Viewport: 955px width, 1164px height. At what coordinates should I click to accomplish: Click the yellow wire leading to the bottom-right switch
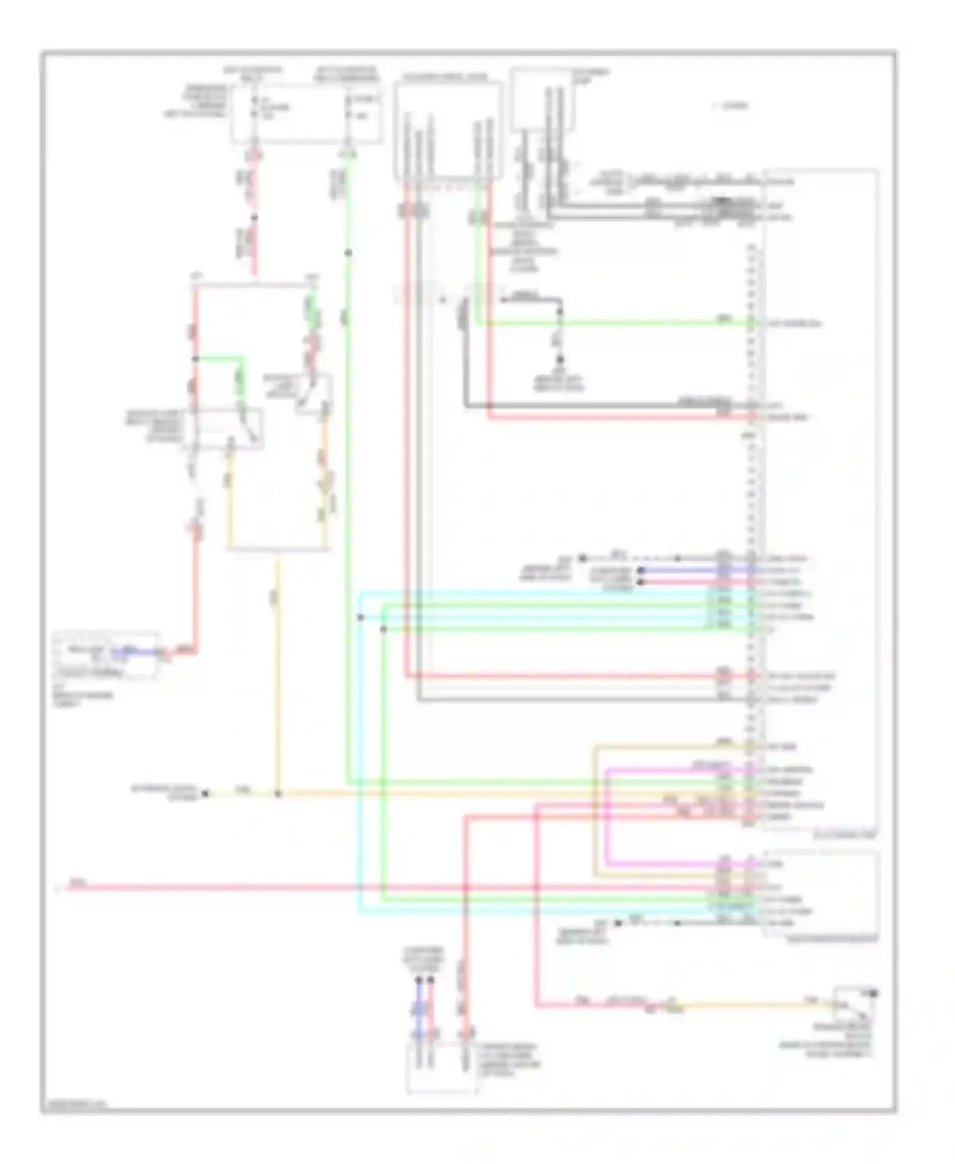coord(764,1005)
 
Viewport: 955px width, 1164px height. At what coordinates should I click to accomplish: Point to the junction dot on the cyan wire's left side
coord(360,618)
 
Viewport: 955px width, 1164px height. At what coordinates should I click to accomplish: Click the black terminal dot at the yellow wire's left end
coord(205,794)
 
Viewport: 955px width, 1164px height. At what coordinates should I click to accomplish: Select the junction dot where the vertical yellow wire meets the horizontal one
coord(278,794)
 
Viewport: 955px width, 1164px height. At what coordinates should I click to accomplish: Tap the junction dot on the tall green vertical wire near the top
coord(348,253)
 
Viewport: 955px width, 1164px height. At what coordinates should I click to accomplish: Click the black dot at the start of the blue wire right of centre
coord(640,570)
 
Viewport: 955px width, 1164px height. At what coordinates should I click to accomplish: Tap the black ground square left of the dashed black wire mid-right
coord(582,558)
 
